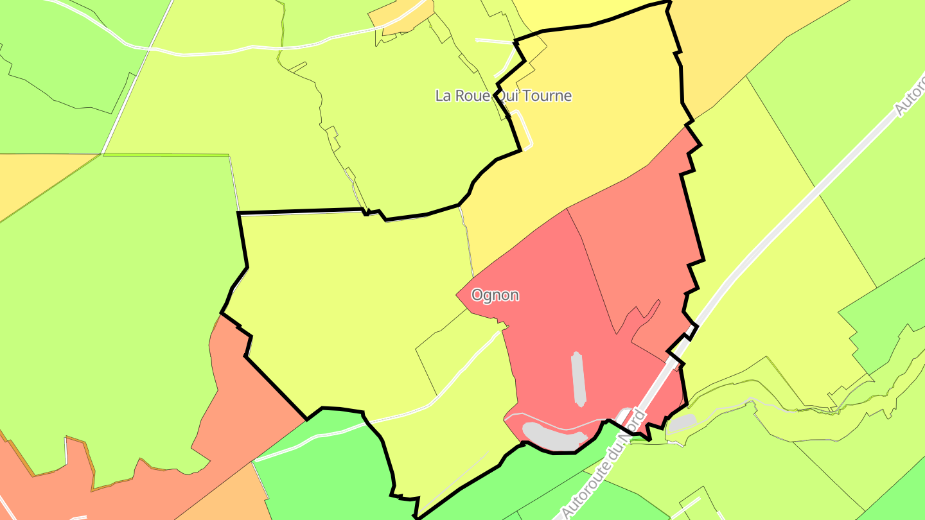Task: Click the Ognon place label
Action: pyautogui.click(x=495, y=295)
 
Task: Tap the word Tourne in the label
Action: pyautogui.click(x=547, y=96)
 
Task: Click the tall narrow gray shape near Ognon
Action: pyautogui.click(x=579, y=379)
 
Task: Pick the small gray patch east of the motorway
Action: pyautogui.click(x=682, y=422)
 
